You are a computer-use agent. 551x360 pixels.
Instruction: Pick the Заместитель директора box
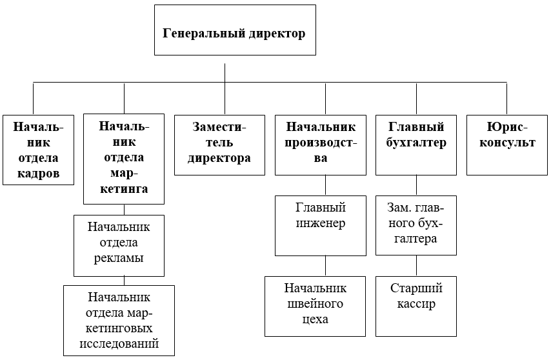(219, 145)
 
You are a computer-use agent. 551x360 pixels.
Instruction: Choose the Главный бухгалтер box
(416, 145)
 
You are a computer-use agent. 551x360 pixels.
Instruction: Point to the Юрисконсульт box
(506, 145)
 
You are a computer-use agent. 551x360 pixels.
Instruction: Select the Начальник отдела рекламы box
(119, 246)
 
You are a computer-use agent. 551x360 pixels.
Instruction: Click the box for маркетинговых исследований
(119, 320)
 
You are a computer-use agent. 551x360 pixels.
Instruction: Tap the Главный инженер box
(321, 226)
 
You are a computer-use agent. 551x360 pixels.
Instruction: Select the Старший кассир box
(416, 306)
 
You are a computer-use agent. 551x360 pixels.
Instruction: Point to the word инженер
(321, 224)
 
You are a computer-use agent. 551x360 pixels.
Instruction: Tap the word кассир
(416, 304)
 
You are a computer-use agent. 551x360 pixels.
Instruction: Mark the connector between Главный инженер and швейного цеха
(325, 266)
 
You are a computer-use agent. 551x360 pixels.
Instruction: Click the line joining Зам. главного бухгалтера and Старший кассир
(416, 266)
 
